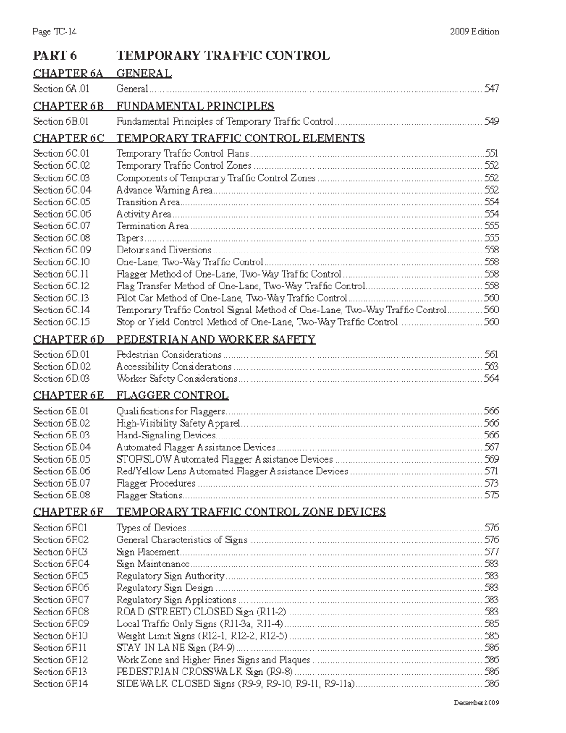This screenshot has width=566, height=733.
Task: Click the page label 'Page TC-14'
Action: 54,32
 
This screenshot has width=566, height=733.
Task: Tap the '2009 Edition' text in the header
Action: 474,32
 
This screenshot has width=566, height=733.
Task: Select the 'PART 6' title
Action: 55,56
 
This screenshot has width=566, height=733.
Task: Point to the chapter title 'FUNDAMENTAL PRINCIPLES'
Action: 195,106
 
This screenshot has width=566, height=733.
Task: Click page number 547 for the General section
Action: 491,89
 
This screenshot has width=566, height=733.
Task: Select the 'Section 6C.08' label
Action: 61,238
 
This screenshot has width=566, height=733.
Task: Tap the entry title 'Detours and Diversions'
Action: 164,250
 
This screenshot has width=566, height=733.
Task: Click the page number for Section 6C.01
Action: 491,153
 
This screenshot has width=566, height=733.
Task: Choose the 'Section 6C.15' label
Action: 61,322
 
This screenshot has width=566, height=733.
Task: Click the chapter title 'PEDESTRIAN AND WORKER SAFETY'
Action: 216,339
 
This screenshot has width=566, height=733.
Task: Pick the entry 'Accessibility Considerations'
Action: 174,367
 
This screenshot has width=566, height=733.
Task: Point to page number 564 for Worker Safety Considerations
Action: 491,379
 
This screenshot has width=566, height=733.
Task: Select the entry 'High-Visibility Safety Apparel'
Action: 178,423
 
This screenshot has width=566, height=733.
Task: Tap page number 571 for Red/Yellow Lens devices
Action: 491,471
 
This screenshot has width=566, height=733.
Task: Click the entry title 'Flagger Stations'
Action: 149,495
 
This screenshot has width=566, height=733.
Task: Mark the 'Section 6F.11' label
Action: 60,648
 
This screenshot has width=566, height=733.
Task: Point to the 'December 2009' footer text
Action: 476,703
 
